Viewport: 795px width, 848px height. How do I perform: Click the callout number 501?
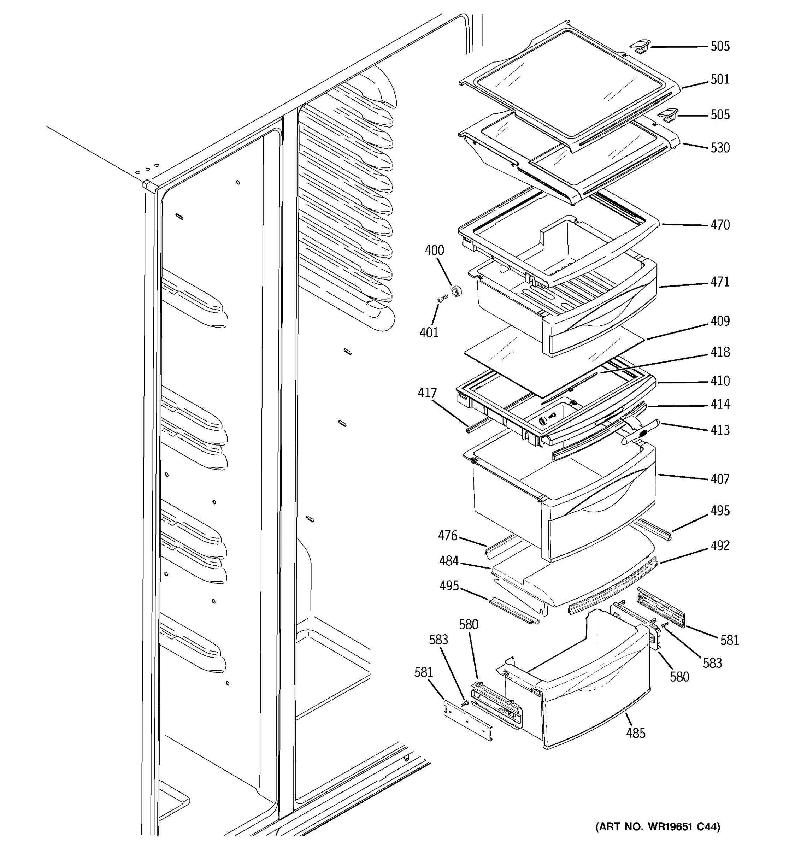click(x=720, y=79)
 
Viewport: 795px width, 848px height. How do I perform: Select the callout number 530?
click(x=720, y=148)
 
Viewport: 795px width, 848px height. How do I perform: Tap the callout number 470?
click(x=720, y=225)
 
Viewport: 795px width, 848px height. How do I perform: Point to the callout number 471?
click(x=720, y=282)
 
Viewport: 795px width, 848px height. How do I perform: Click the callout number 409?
click(x=720, y=321)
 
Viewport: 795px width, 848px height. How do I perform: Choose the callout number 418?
click(x=720, y=352)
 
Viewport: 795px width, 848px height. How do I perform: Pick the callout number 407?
click(x=720, y=479)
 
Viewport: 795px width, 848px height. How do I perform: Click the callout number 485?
click(x=636, y=733)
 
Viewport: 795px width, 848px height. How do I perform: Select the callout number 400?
click(x=434, y=251)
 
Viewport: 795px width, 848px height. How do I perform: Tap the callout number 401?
click(x=429, y=332)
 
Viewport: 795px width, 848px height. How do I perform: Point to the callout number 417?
click(x=427, y=393)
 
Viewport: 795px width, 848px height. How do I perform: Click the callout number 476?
click(x=447, y=535)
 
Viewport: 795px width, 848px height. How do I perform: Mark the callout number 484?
click(x=449, y=561)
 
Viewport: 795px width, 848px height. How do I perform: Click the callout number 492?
click(x=720, y=546)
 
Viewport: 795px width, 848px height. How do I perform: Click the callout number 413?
click(x=720, y=430)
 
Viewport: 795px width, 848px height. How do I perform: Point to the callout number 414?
click(x=720, y=404)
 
